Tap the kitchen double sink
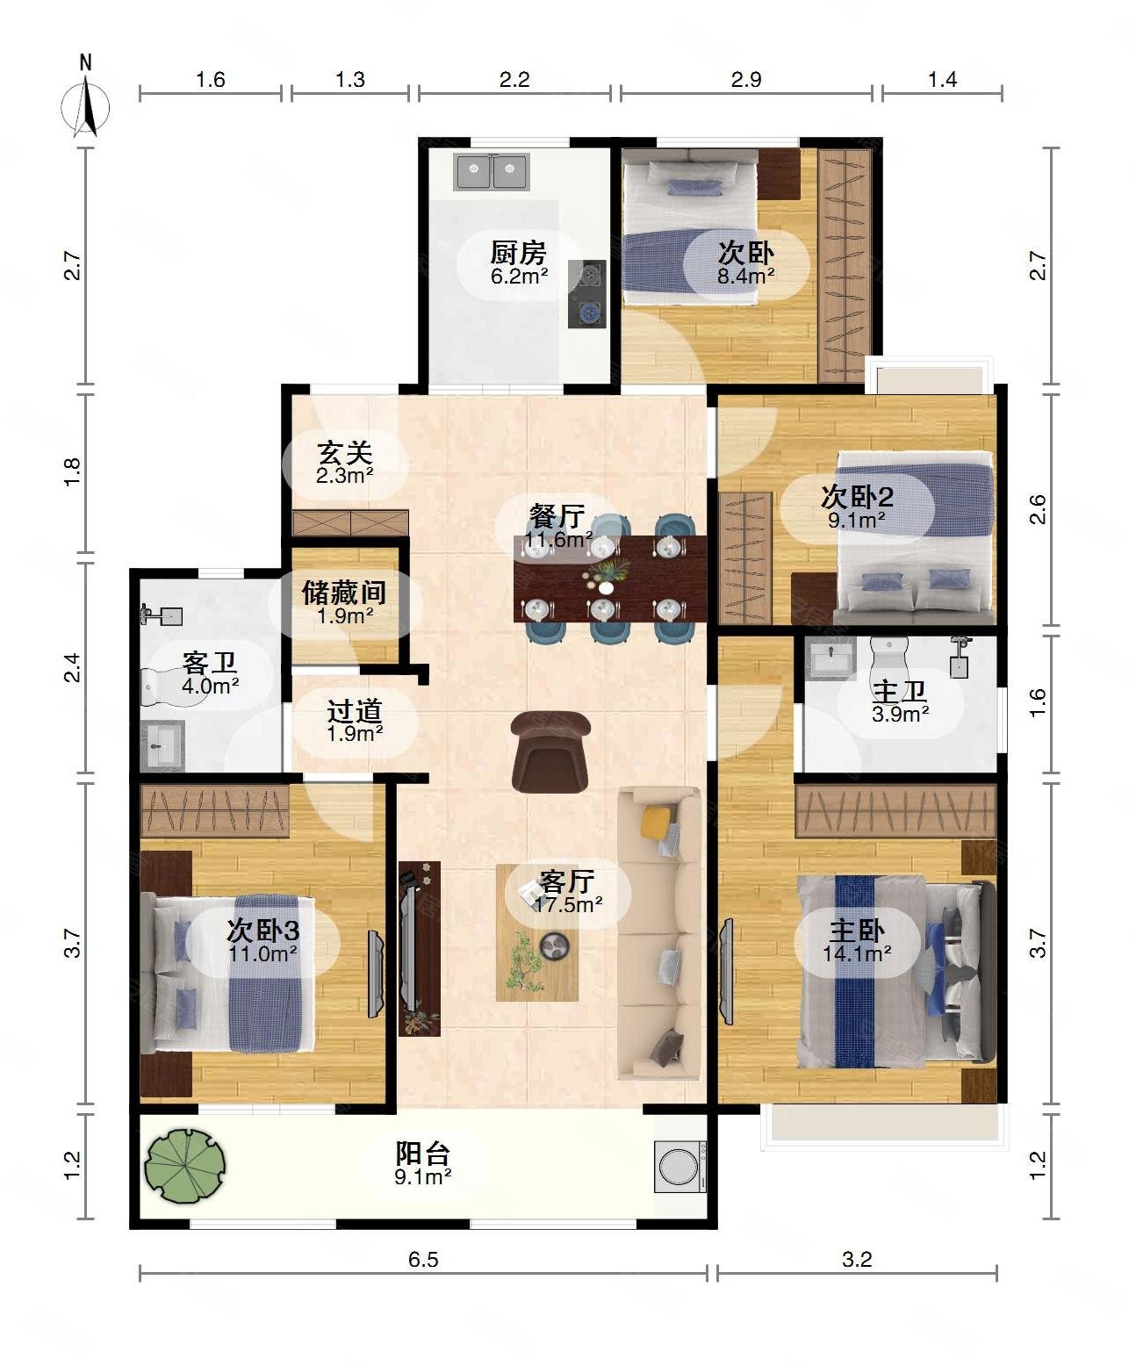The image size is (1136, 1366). coord(491,172)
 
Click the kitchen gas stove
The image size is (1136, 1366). coord(586,293)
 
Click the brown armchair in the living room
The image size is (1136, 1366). coord(550,751)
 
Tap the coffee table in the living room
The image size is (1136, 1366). coord(536,933)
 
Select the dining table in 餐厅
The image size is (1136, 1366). coord(609,578)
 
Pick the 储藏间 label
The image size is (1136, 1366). coord(344,601)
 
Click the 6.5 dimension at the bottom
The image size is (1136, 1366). coord(422,1260)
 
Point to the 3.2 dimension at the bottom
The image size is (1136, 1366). coord(857,1260)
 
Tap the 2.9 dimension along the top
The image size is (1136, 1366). coord(745,80)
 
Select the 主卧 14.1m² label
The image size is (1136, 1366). coord(857,939)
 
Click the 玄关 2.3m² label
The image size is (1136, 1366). coord(345,463)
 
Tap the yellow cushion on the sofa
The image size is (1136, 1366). coord(655,822)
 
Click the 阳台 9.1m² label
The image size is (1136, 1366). coord(422,1162)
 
